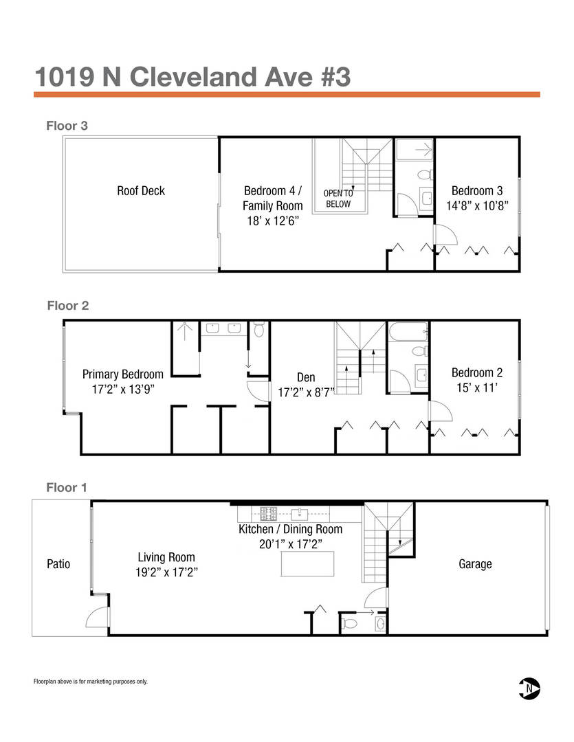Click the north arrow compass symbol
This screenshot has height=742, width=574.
529,688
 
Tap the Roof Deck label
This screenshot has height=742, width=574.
141,191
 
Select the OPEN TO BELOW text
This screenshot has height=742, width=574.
338,199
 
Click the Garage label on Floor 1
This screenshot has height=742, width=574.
475,564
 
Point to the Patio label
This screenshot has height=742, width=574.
58,563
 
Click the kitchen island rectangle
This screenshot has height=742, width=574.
307,563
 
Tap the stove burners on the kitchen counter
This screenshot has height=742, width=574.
269,513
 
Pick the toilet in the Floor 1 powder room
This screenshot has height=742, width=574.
349,623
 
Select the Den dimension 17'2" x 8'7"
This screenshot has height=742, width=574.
306,392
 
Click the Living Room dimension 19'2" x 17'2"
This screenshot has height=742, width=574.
166,572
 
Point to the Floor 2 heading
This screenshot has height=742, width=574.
68,306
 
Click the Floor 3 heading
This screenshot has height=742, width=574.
67,126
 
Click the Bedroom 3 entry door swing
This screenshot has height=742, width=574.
446,234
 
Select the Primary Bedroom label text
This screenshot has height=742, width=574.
122,374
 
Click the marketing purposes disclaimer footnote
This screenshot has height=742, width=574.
91,682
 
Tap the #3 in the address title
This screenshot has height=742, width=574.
335,77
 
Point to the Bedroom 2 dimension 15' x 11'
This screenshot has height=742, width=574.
477,387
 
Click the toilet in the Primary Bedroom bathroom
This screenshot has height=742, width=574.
258,329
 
